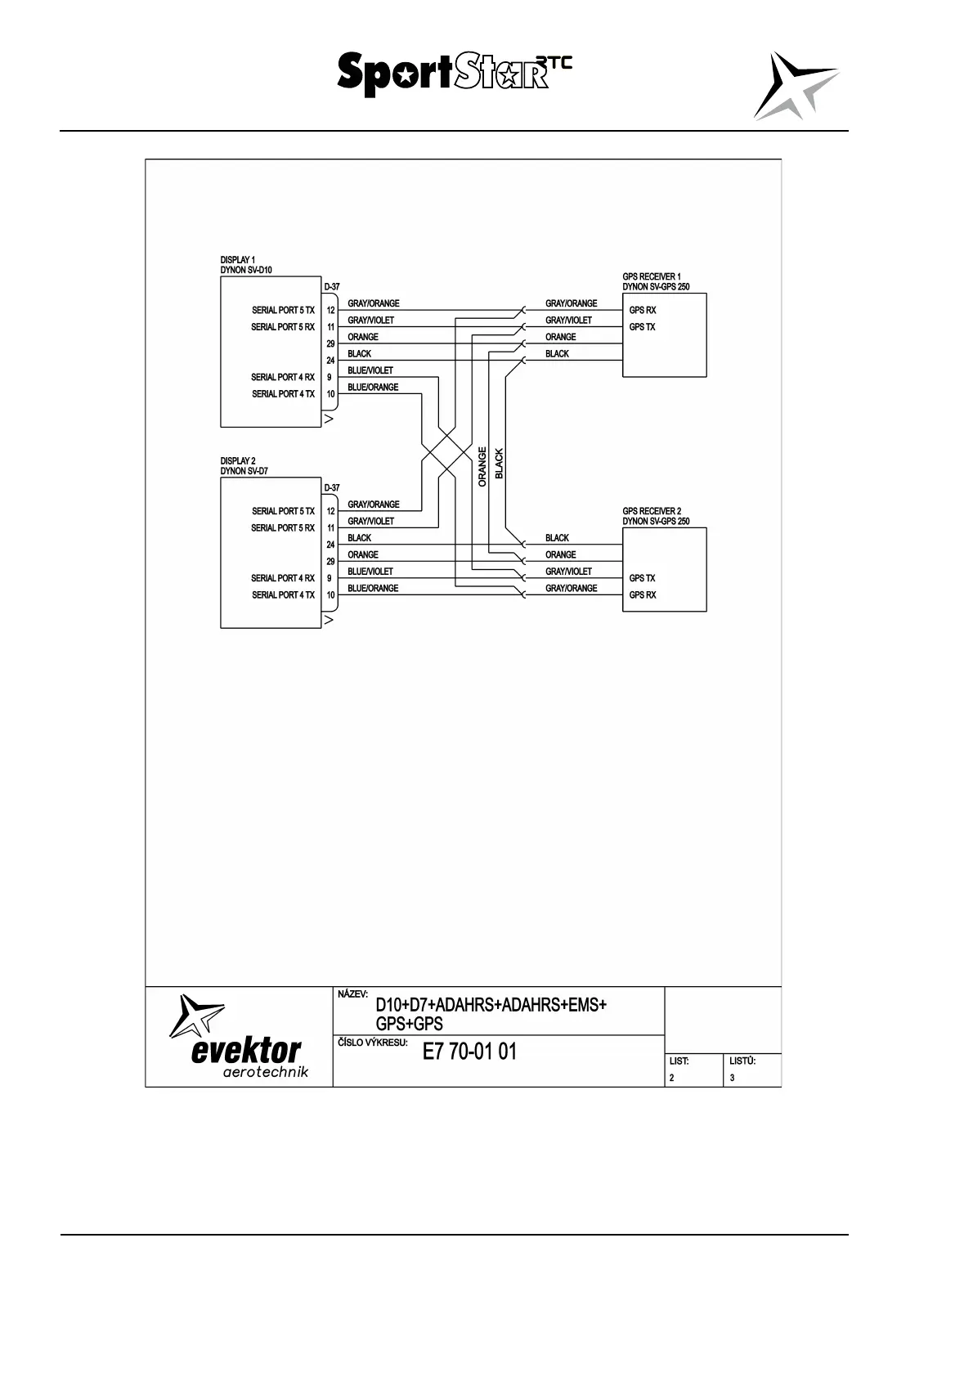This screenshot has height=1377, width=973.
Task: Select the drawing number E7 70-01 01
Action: tap(469, 1052)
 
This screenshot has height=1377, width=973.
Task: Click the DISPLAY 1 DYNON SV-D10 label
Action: tap(246, 265)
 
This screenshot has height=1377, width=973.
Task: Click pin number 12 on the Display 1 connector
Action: tap(331, 311)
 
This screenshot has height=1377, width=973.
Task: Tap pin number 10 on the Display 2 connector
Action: tap(331, 595)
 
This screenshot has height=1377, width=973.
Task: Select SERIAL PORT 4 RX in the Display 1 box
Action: tap(283, 378)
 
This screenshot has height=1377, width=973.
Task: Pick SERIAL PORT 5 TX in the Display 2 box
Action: tap(283, 512)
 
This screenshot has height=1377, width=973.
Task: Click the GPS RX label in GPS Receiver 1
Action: tap(643, 311)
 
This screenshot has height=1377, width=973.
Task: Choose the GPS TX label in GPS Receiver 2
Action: tap(643, 578)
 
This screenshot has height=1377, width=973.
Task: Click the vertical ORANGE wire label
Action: tap(482, 467)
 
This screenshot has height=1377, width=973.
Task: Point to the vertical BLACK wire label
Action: tap(500, 464)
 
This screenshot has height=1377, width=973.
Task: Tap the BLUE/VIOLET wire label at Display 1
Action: tap(370, 370)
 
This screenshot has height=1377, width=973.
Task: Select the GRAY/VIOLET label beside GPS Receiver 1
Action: tap(569, 321)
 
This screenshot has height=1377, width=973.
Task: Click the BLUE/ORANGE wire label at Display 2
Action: tap(373, 589)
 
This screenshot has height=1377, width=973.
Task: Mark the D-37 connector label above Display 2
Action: tap(332, 488)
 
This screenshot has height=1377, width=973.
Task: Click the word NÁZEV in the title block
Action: tap(353, 994)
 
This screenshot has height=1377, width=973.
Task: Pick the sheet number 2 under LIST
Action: tap(672, 1078)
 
